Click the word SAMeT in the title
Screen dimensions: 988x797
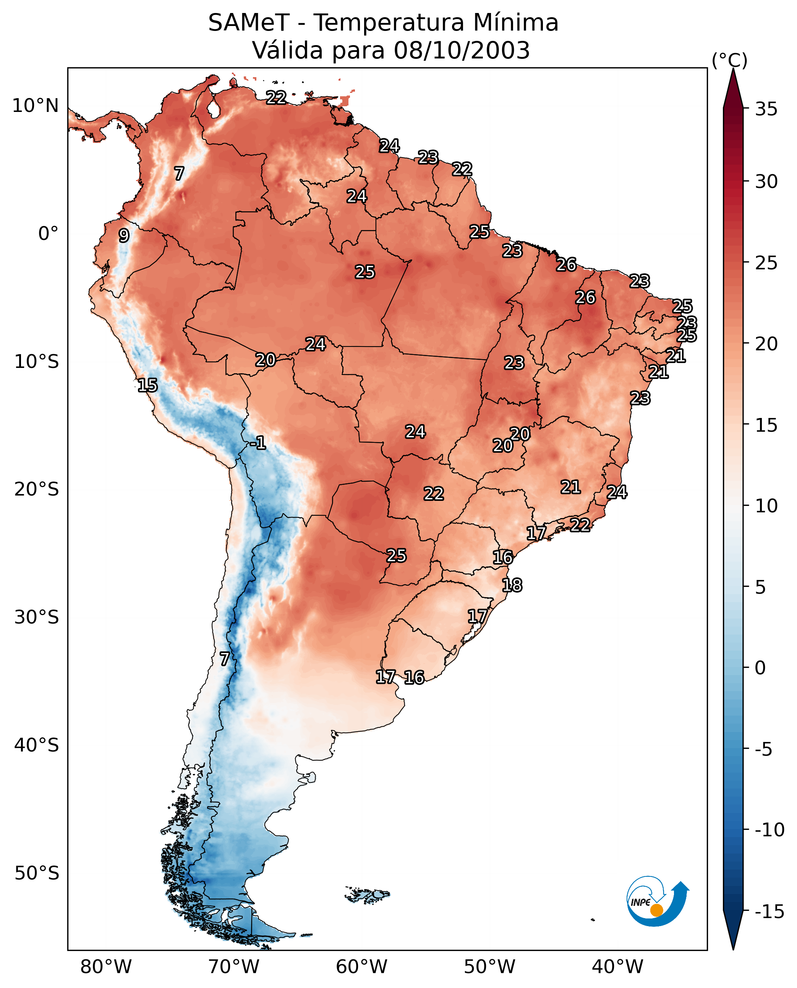[248, 23]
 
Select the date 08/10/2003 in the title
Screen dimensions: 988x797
[462, 50]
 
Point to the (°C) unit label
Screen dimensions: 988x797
[729, 60]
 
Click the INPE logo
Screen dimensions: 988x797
[657, 901]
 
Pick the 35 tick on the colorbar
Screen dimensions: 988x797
[766, 109]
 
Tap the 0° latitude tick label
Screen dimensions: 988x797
[48, 234]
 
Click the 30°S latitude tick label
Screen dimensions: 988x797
[37, 617]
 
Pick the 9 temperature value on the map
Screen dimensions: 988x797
[124, 235]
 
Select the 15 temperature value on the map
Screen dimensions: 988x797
[147, 385]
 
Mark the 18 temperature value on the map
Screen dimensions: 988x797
[512, 585]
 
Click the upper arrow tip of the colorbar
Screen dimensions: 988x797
[733, 70]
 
